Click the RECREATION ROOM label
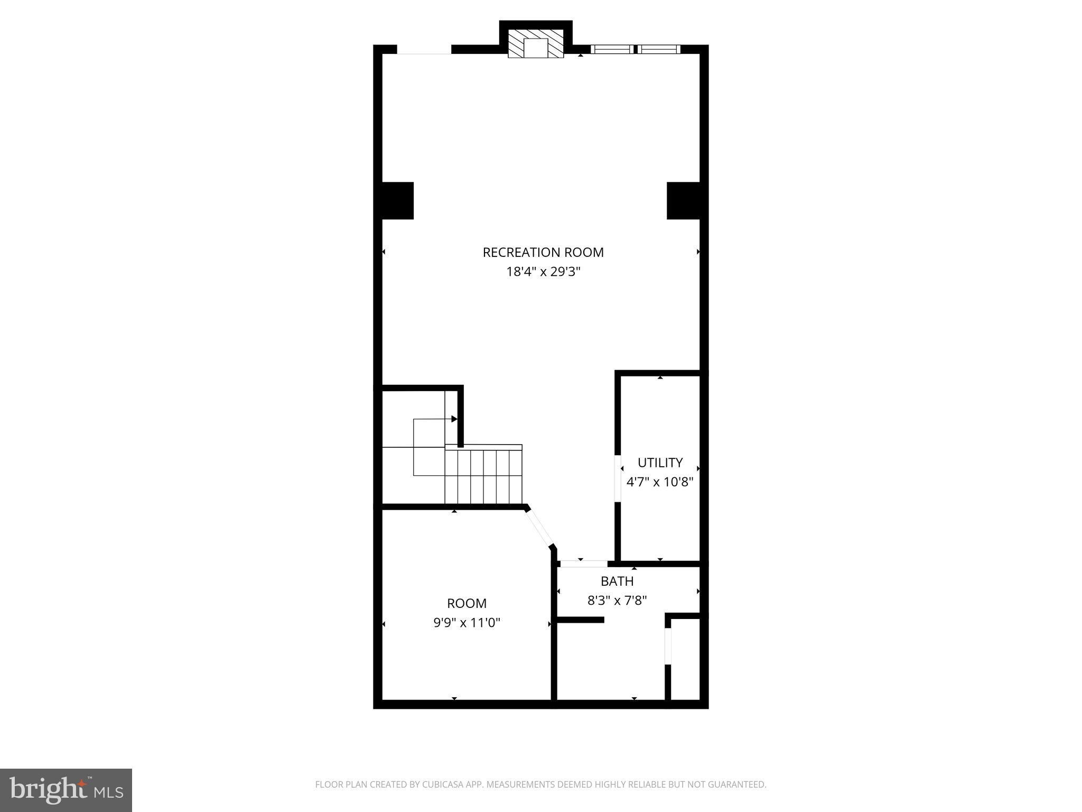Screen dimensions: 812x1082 [x=543, y=252]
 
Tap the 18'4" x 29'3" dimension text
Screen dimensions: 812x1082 [x=543, y=272]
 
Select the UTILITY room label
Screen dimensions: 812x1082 [x=660, y=463]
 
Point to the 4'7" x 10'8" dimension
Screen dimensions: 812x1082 [x=660, y=482]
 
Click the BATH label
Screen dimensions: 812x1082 [x=617, y=581]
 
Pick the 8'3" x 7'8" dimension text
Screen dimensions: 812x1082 [x=617, y=601]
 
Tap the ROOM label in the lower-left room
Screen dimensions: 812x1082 [x=467, y=603]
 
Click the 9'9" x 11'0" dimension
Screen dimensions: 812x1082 [x=467, y=623]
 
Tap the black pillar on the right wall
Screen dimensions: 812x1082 [x=684, y=200]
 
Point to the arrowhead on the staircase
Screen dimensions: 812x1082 [x=454, y=419]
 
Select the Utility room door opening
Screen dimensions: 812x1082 [x=617, y=478]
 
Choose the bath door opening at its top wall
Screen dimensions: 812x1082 [x=584, y=564]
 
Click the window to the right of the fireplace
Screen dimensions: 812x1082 [x=635, y=49]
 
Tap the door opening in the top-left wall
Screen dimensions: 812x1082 [x=424, y=50]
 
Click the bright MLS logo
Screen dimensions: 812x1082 [x=66, y=790]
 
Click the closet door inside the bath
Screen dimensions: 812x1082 [x=668, y=645]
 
